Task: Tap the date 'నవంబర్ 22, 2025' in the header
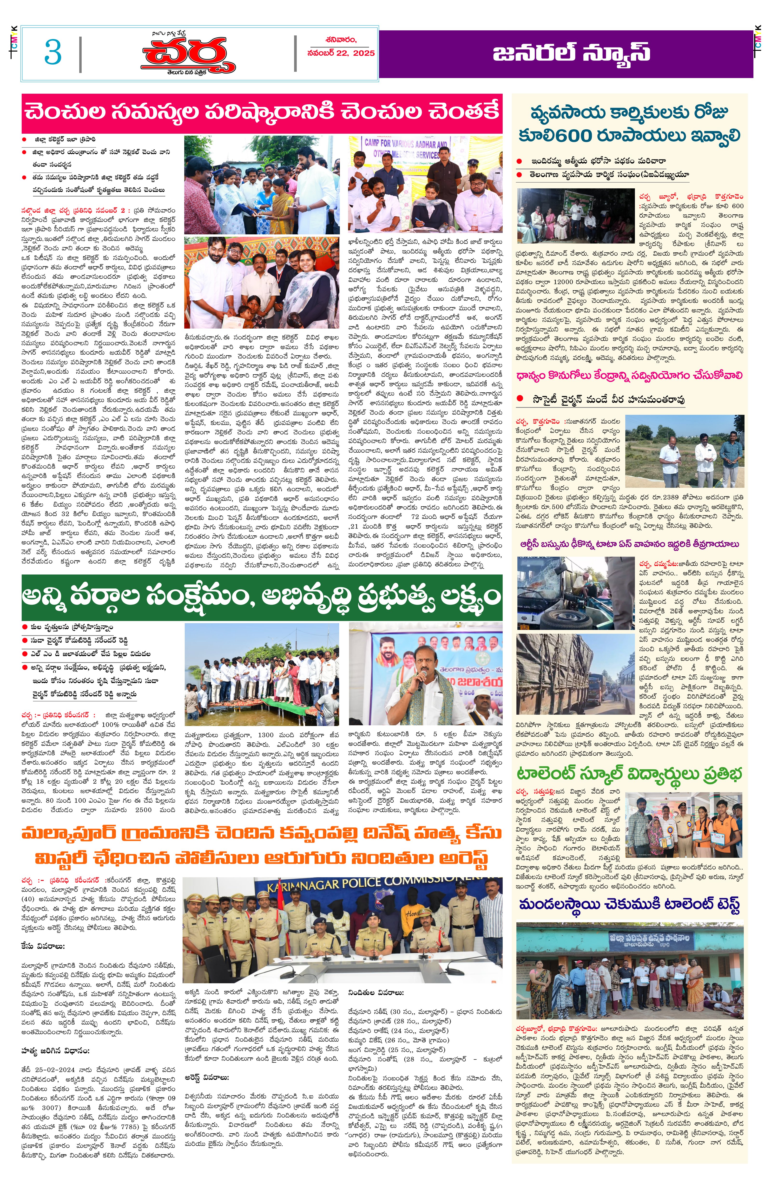340,53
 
